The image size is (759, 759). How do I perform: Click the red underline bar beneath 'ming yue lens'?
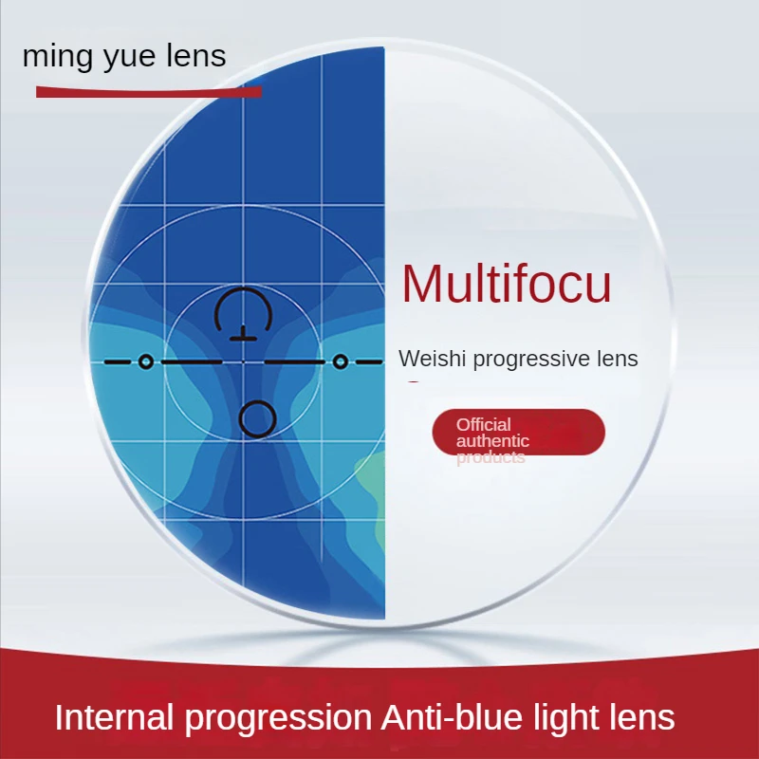coord(148,92)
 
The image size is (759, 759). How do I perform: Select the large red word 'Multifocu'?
coord(506,284)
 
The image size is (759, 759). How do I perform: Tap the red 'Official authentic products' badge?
coord(518,433)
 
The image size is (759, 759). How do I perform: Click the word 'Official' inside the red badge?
coord(483,424)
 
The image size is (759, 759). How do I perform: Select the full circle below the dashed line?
coord(257,417)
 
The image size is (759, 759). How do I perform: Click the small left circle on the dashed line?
coord(145,361)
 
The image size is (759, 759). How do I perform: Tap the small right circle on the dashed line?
coord(340,361)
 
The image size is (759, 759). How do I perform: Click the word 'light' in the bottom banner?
coord(566,718)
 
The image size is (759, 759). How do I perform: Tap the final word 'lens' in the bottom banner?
coord(644,717)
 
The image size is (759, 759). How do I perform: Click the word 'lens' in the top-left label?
coord(194,56)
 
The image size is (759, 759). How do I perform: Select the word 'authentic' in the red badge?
coord(492,441)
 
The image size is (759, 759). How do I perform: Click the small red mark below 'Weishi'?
coord(413,383)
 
